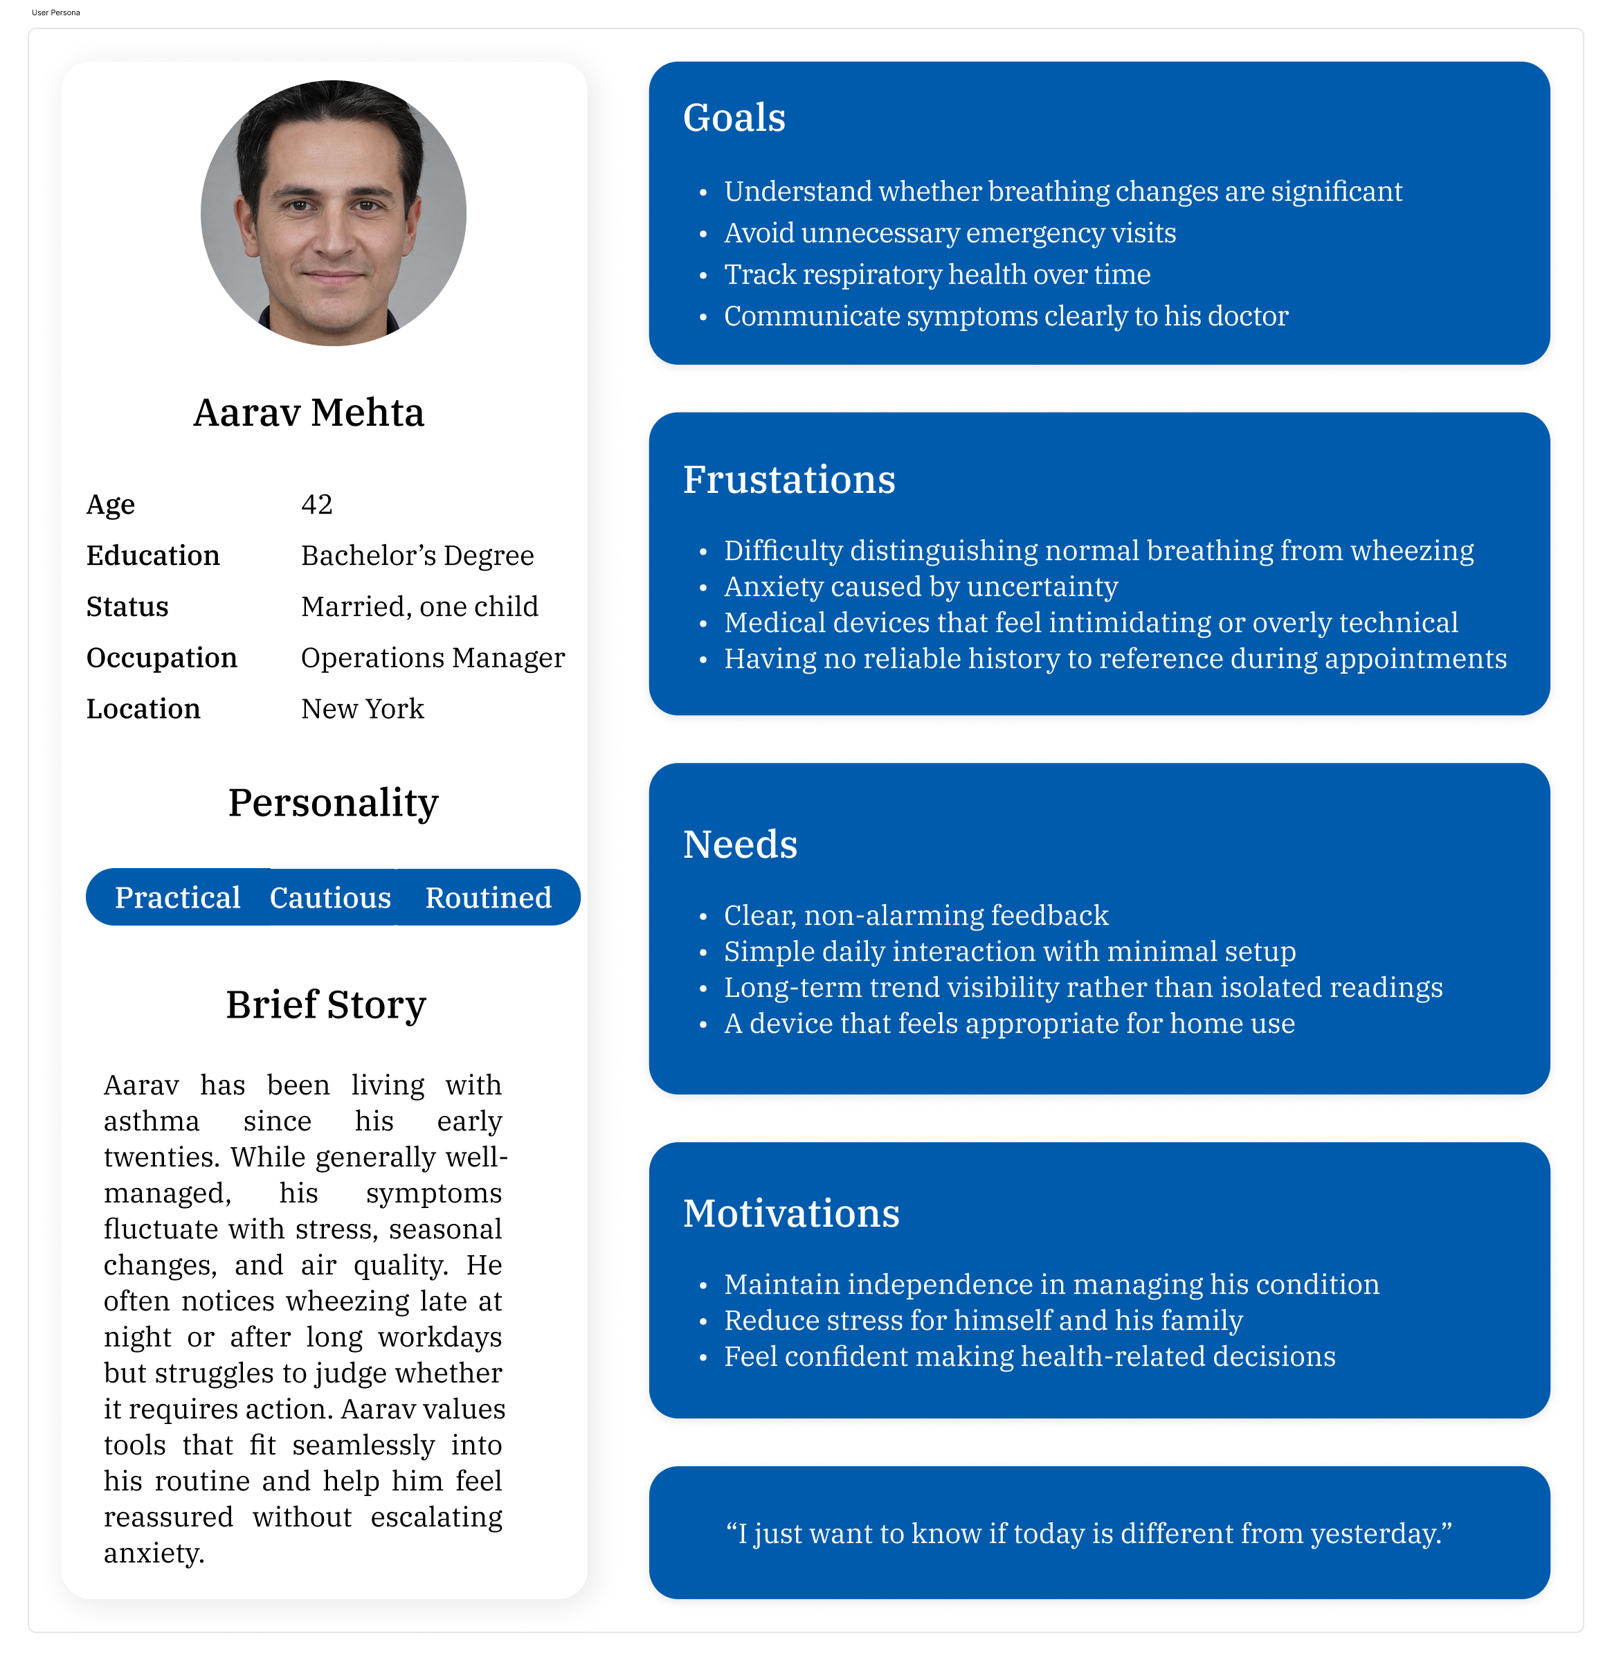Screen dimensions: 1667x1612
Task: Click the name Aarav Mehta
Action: click(308, 413)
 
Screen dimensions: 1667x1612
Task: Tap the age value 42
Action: click(316, 505)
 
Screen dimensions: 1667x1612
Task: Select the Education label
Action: click(153, 555)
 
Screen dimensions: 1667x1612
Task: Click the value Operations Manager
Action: click(432, 658)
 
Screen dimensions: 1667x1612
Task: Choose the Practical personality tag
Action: click(178, 897)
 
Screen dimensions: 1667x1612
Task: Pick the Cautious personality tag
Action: click(330, 897)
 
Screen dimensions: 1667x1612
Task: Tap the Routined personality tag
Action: click(488, 897)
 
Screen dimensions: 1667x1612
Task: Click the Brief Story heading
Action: click(325, 1004)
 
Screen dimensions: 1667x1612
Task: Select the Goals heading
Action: click(734, 118)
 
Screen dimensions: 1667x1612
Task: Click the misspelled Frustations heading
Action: click(789, 480)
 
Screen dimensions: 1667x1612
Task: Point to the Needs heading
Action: click(740, 845)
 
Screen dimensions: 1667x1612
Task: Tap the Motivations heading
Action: click(790, 1214)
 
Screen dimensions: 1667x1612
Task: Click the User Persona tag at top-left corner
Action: click(56, 12)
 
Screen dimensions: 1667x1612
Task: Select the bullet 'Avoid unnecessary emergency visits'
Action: click(950, 233)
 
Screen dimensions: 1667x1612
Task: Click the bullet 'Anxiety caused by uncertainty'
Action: click(921, 587)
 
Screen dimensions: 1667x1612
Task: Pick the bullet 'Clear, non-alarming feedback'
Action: click(916, 915)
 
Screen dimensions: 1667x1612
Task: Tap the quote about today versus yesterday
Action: click(1088, 1533)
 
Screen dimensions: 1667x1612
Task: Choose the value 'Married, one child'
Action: click(419, 606)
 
